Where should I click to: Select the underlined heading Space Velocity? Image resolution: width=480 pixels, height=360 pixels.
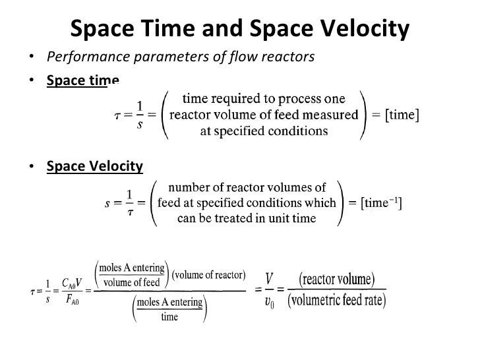coord(94,165)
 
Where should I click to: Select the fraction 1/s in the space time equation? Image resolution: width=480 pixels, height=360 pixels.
coord(140,115)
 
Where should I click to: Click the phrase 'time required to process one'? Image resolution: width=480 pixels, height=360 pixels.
coord(264,100)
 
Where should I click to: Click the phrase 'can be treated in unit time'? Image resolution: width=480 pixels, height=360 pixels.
coord(247,219)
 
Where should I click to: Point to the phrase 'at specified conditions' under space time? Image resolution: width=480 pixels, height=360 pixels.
coord(264,131)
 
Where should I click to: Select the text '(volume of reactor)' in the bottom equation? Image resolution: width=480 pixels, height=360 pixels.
coord(209,275)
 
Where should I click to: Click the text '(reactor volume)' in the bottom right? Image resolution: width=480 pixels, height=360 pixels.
coord(337,279)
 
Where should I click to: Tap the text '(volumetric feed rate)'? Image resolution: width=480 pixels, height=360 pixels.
coord(337,301)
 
